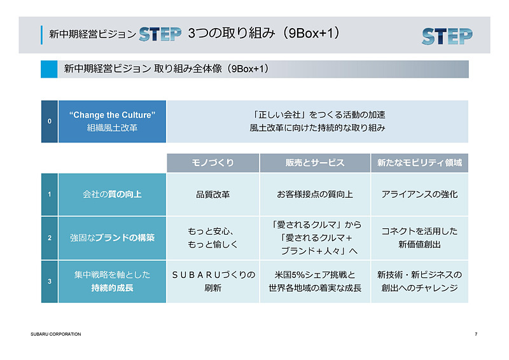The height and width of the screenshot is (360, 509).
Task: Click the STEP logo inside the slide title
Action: pos(160,34)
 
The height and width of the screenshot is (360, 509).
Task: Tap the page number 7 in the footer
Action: pos(475,334)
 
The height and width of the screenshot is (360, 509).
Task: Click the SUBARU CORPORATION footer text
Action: pos(56,334)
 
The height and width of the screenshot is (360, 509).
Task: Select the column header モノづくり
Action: pos(213,163)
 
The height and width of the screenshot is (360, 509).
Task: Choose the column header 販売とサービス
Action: pos(315,163)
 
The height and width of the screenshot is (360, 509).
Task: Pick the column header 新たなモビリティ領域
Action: pos(419,163)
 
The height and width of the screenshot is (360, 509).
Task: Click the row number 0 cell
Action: pos(49,121)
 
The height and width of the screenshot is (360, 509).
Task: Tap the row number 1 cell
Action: pos(49,195)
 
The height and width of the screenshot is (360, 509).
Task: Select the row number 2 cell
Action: pos(49,238)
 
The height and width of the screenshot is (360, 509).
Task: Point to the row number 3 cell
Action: pos(49,281)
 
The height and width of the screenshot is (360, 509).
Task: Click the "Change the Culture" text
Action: pos(112,115)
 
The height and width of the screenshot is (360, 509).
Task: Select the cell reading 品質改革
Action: pos(213,195)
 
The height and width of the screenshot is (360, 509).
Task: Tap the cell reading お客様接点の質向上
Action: pos(315,195)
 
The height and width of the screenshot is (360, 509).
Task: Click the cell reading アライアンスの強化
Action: pos(419,195)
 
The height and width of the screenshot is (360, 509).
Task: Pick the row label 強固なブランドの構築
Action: pos(112,238)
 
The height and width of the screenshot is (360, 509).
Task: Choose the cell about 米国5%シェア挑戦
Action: pos(315,281)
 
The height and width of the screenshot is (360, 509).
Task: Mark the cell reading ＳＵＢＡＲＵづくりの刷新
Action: pos(213,281)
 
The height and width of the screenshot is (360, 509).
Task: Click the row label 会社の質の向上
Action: pos(112,195)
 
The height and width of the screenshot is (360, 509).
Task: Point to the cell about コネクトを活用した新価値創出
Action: pos(419,238)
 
